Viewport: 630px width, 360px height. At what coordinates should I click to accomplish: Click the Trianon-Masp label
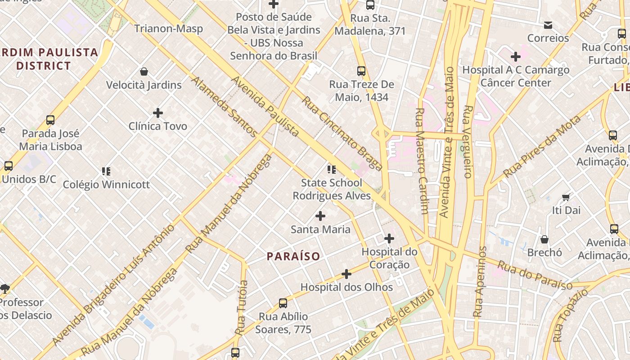(x=168, y=29)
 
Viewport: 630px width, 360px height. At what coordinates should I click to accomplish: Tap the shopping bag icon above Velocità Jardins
(x=144, y=72)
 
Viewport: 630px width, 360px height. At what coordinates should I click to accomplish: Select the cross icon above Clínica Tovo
(x=158, y=112)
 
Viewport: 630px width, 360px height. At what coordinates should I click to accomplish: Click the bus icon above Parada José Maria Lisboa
(x=50, y=120)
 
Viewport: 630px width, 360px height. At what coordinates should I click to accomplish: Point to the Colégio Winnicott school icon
(x=106, y=171)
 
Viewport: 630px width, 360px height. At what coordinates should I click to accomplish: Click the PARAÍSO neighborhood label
(x=293, y=256)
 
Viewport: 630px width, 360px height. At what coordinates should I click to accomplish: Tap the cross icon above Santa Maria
(x=320, y=216)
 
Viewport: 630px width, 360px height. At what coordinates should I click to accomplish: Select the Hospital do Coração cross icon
(x=389, y=238)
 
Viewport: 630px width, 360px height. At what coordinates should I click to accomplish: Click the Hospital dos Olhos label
(x=346, y=287)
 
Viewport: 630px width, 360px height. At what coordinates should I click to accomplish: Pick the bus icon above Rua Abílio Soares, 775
(x=283, y=303)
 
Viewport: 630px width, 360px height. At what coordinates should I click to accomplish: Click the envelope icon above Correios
(x=548, y=25)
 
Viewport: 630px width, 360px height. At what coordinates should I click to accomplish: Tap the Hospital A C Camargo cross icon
(x=516, y=57)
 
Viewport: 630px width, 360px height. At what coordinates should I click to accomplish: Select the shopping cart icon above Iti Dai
(x=566, y=197)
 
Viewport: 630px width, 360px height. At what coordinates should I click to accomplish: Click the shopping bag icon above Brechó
(x=544, y=239)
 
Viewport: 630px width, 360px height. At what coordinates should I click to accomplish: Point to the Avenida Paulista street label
(x=265, y=106)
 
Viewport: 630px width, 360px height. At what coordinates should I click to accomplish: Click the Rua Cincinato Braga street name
(x=342, y=134)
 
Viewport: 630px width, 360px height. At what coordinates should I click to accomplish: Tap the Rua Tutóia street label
(x=242, y=308)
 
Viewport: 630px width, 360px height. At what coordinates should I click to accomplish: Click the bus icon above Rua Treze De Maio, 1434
(x=361, y=71)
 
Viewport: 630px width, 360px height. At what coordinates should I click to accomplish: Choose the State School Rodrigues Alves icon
(x=332, y=170)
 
